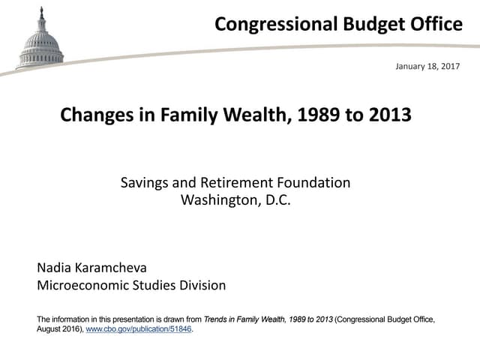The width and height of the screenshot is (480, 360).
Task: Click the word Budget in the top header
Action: pos(364,24)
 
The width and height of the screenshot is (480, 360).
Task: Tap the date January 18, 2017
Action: pos(427,67)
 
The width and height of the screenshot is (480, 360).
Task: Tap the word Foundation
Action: pos(316,182)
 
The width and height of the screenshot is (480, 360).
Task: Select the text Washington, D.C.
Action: pos(235,199)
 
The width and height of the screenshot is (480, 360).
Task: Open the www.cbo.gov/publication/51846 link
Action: pos(139,328)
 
